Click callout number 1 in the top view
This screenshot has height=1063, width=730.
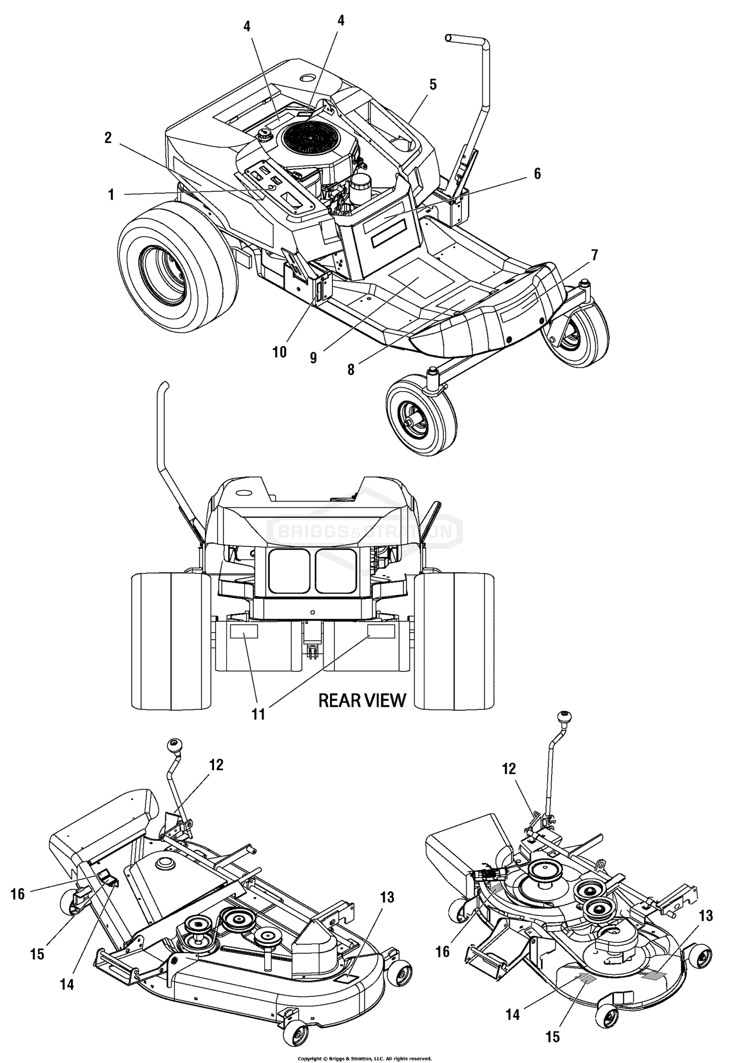[111, 195]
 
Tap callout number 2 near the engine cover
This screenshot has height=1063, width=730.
[108, 138]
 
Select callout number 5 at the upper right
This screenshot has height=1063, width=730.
[433, 85]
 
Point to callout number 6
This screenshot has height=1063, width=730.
[537, 174]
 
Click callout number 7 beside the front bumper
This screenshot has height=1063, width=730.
[594, 254]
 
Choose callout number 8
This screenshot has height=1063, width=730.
[351, 369]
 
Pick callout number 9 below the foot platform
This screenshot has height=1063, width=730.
[313, 358]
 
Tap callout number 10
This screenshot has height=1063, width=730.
[279, 351]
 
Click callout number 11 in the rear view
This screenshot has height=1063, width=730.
[258, 714]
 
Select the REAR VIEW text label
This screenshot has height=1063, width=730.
[362, 700]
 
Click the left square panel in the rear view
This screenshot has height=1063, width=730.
[289, 571]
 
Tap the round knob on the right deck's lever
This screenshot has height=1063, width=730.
[565, 717]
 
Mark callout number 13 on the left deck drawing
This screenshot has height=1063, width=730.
[387, 897]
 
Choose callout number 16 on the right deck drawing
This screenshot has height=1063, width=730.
[442, 951]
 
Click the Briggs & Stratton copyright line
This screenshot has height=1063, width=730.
[365, 1054]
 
